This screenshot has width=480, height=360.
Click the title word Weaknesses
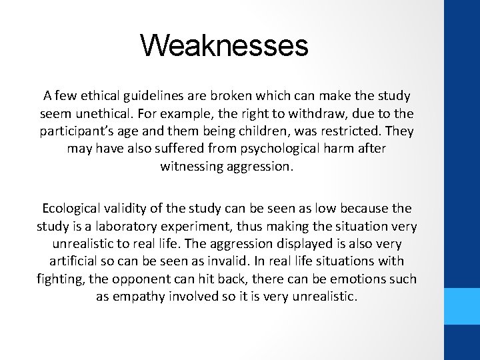224,46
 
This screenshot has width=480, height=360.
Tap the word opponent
167,279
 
